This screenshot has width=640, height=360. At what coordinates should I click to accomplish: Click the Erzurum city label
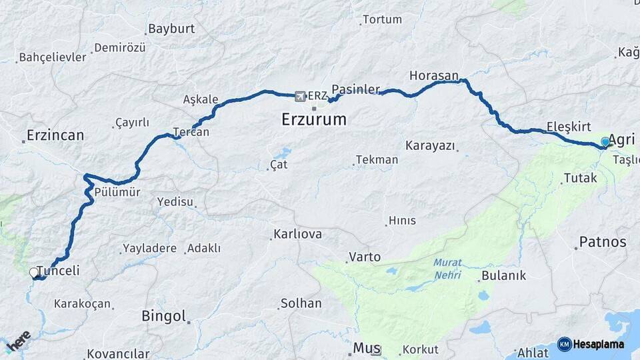coord(313,120)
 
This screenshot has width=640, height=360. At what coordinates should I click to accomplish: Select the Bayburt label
coord(171,29)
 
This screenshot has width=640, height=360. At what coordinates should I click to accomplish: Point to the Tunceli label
coord(58,271)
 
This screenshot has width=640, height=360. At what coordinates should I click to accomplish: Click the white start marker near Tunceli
coord(34,273)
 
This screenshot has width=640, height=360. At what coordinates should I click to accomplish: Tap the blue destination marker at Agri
coord(605,141)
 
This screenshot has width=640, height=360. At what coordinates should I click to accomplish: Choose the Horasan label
coord(434,75)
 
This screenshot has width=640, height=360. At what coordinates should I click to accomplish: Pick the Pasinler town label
coord(355,89)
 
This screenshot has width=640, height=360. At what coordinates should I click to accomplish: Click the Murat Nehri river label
coord(447,269)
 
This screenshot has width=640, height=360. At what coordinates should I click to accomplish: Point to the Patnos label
coord(603,241)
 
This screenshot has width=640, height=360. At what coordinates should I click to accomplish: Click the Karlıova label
coord(297,234)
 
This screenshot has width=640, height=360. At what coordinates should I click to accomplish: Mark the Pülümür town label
coord(117,192)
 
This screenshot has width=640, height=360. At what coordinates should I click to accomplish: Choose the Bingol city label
coord(163,316)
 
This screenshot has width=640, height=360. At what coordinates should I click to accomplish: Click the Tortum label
coord(382,19)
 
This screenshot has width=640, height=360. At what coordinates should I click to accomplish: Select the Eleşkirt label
coord(568,127)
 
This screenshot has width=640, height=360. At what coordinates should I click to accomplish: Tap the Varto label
coord(365,257)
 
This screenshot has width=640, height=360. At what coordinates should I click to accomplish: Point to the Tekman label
coord(377,160)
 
